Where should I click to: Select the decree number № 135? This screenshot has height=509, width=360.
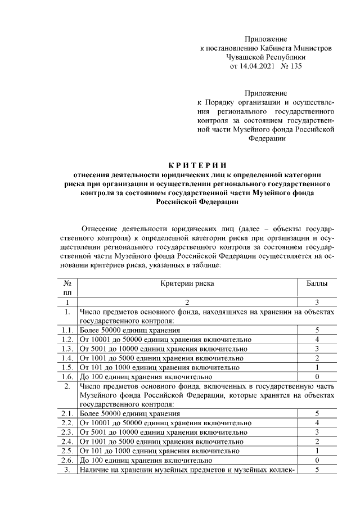(x=291, y=66)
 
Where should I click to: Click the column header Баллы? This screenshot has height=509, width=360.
(x=317, y=284)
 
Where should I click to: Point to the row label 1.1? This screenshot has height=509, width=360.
(x=67, y=330)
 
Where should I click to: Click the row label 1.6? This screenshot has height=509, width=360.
(x=67, y=376)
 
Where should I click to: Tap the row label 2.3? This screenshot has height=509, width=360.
(x=67, y=432)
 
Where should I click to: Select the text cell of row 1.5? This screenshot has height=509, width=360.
(x=160, y=367)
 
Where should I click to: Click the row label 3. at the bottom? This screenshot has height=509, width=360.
(x=67, y=469)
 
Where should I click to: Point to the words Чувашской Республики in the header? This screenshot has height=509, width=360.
(x=265, y=57)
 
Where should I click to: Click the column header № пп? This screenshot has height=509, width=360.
(x=67, y=288)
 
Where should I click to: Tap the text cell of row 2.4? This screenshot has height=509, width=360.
(x=163, y=442)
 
